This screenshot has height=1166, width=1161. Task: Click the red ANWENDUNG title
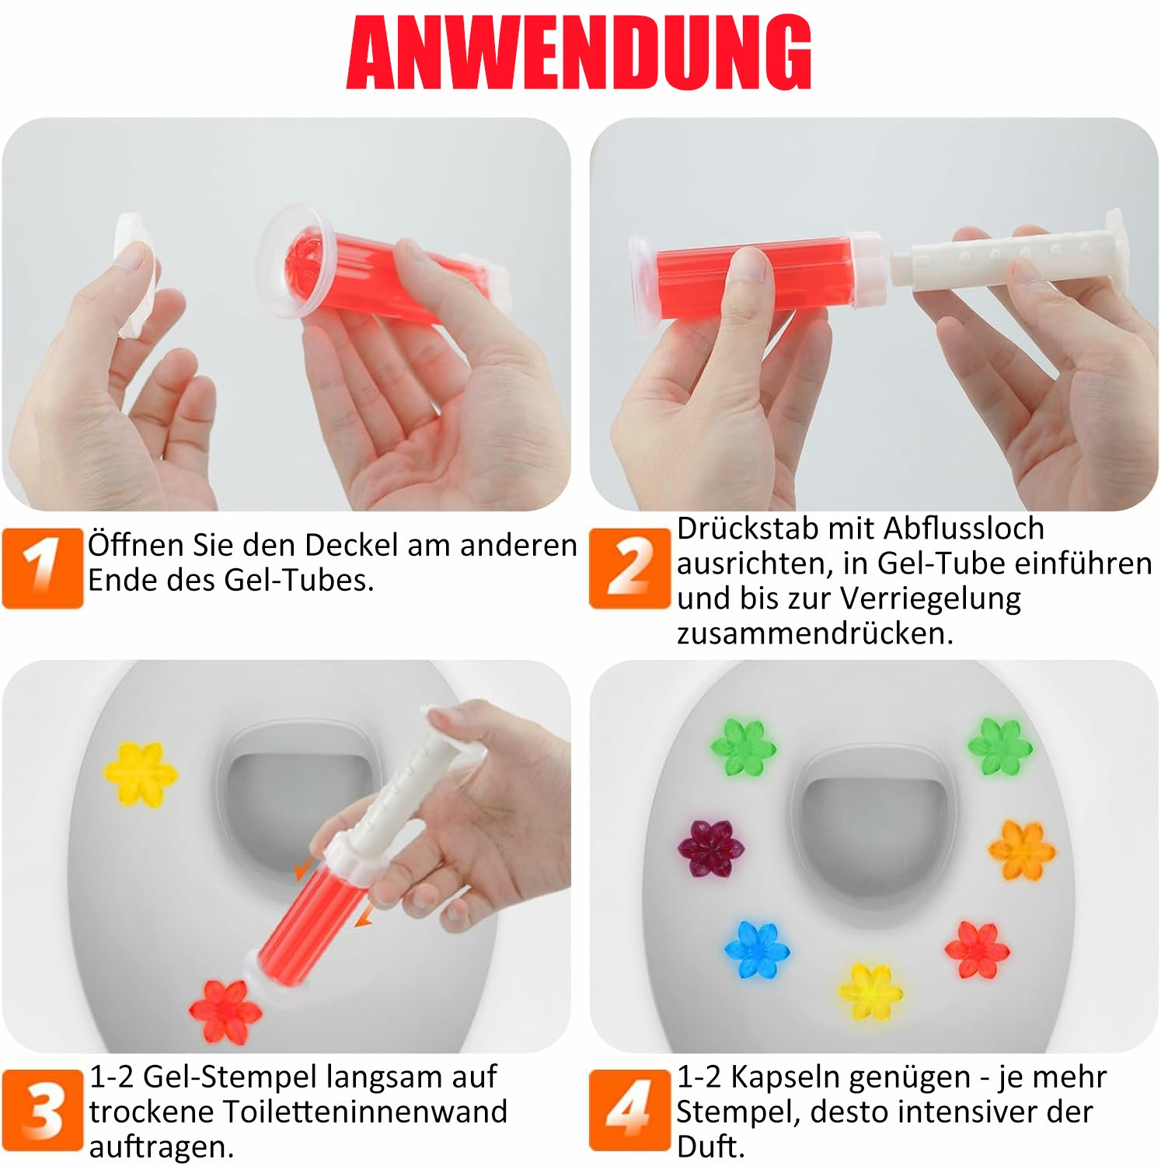[x=579, y=53]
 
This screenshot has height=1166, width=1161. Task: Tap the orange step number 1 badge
[x=43, y=567]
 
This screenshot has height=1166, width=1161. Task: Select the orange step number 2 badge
[x=629, y=567]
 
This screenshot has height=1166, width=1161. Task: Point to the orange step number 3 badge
[x=43, y=1109]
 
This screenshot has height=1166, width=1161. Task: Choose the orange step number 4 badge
[x=629, y=1109]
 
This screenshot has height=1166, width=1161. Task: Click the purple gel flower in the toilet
[x=710, y=847]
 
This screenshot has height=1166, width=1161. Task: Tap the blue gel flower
[x=757, y=949]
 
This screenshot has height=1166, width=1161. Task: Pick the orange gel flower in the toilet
[x=1022, y=850]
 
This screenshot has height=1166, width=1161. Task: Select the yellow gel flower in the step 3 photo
[x=140, y=773]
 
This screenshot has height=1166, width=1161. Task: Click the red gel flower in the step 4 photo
[x=977, y=950]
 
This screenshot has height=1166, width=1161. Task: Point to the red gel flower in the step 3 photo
[x=225, y=1011]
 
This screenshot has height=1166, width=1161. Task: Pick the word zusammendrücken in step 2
[x=814, y=634]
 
